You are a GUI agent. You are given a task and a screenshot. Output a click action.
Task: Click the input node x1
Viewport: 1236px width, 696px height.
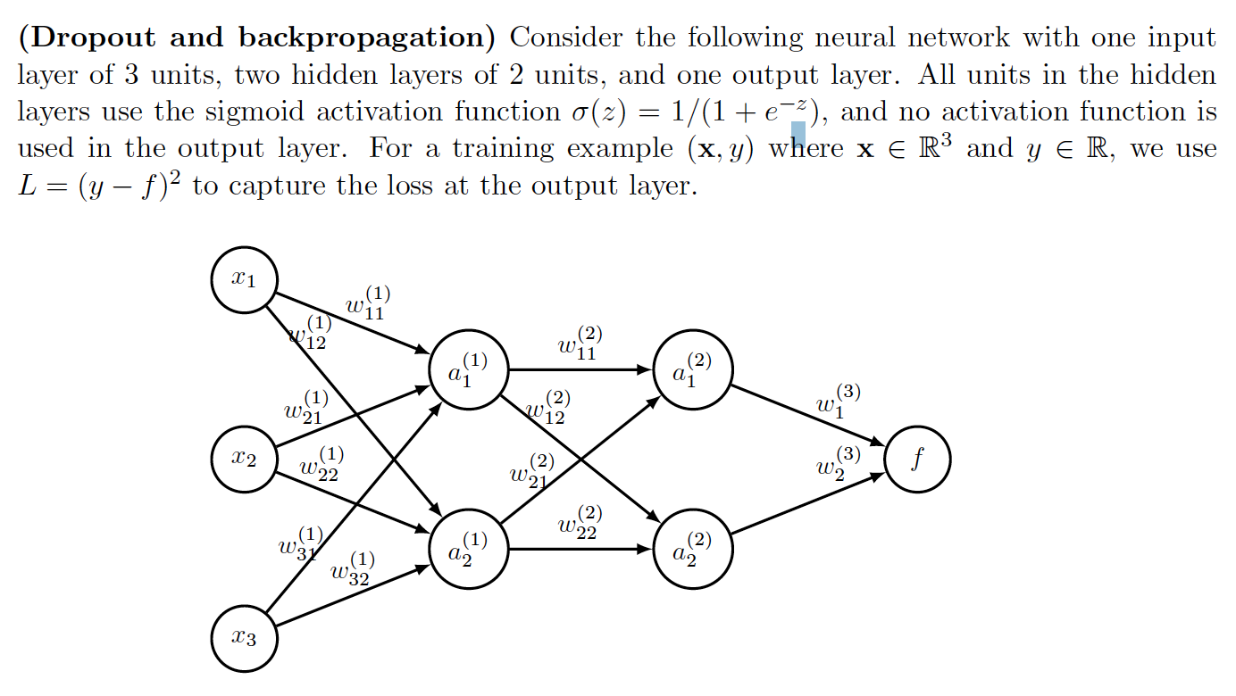click(x=244, y=280)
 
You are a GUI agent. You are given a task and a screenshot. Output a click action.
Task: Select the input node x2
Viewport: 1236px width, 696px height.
click(x=244, y=460)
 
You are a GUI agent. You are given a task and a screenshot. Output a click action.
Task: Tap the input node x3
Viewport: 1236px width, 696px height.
click(x=244, y=638)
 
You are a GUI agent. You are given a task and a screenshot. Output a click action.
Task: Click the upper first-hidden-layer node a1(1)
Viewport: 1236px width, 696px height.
click(x=469, y=369)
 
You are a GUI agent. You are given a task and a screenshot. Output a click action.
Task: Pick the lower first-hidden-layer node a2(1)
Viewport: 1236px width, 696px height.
click(x=469, y=549)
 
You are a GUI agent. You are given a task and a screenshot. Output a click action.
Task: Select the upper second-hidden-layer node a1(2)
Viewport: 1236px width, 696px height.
click(x=694, y=369)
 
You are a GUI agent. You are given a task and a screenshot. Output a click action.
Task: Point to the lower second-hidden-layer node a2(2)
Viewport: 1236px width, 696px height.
click(x=694, y=549)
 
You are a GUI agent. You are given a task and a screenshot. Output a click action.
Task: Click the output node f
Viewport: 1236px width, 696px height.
click(x=917, y=460)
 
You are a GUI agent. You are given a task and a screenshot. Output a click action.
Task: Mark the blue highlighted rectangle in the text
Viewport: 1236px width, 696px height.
click(x=798, y=135)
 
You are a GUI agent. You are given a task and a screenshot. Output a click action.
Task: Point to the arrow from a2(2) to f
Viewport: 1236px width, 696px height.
click(x=807, y=505)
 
